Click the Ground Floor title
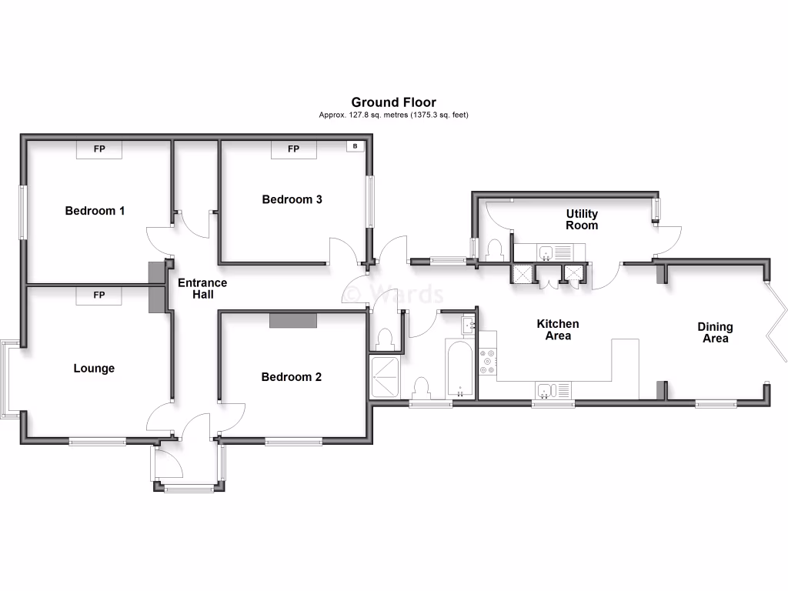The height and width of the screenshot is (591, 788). tap(393, 102)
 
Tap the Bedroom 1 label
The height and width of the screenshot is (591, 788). tap(95, 211)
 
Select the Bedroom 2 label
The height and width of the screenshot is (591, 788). tap(291, 377)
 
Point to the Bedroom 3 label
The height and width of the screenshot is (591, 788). tap(292, 199)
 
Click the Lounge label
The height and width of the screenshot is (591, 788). tap(94, 369)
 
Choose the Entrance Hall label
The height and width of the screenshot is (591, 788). tap(202, 289)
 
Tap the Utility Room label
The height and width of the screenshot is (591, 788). tap(582, 219)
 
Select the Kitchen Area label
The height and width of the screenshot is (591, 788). tap(558, 329)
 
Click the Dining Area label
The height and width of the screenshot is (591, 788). tap(715, 332)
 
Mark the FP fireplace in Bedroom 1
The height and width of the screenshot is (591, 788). tap(99, 149)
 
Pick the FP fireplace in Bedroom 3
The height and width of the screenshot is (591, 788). tap(293, 149)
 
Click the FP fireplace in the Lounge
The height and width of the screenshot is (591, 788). tap(98, 295)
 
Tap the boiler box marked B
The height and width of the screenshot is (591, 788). tap(355, 146)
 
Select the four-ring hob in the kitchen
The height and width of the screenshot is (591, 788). tap(488, 362)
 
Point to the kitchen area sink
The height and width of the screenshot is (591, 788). tap(553, 390)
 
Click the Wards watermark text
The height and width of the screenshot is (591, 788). tap(393, 295)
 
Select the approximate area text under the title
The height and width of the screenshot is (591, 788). tap(393, 115)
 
